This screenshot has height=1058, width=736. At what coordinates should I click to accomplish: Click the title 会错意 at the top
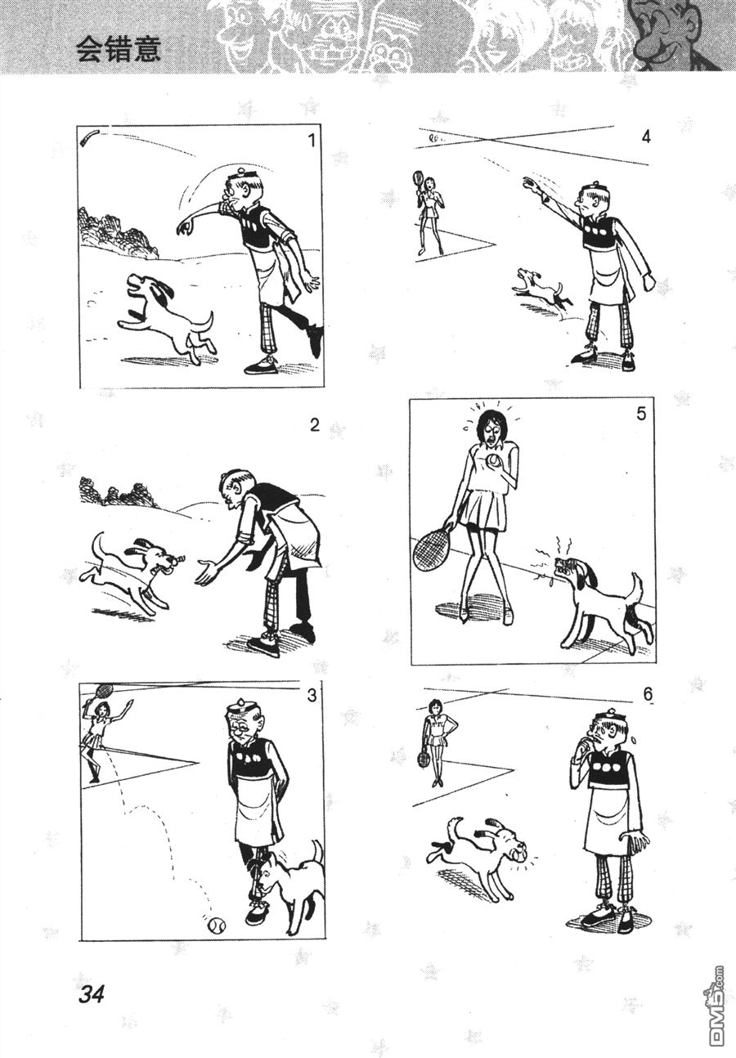(x=119, y=50)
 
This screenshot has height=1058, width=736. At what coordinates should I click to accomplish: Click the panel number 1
(x=311, y=141)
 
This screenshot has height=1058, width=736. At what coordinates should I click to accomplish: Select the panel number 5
(x=640, y=414)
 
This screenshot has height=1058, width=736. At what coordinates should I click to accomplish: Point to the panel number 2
(x=315, y=425)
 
